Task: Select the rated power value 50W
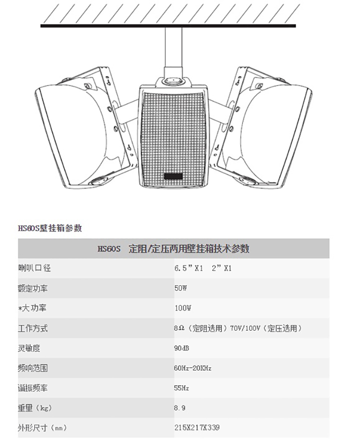[x=181, y=288]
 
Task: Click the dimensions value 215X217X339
[x=197, y=428]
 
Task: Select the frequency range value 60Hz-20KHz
[x=192, y=368]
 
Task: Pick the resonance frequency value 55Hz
[x=181, y=388]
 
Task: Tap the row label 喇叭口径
[x=34, y=268]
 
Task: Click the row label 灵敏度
[x=30, y=348]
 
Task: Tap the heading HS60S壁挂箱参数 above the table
[x=50, y=228]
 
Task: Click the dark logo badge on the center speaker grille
[x=174, y=176]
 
